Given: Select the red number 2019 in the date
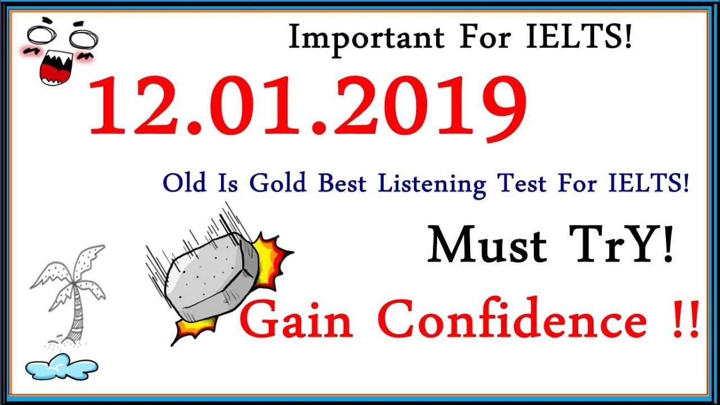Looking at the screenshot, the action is point(430,107).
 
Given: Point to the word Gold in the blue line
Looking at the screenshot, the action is point(278,183).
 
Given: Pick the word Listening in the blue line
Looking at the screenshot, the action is point(431,185).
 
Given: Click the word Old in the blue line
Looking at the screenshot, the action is point(184,183).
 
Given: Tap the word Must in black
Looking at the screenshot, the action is point(487,246).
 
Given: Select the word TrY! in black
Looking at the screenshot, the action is point(620,245).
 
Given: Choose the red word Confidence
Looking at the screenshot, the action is point(512,317).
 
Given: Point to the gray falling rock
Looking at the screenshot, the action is point(212,276).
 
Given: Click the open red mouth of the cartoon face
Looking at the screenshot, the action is point(56,68).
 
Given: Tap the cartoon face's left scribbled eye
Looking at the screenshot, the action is point(42,35).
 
